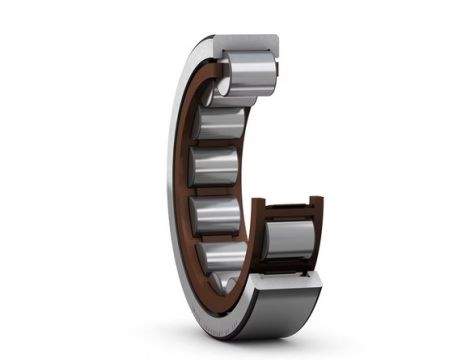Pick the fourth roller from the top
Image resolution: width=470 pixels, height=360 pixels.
(217, 213)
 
